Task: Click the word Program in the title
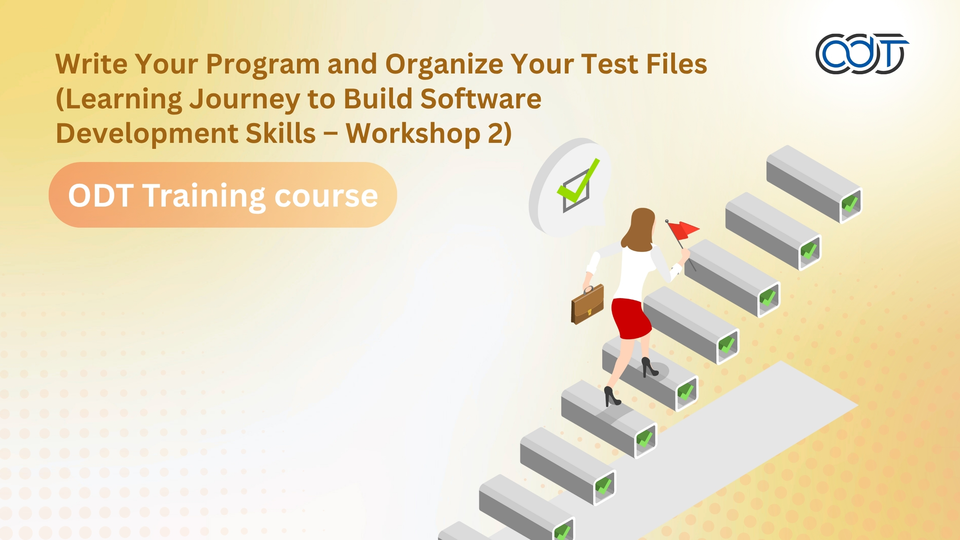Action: (262, 64)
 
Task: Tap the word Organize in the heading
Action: (444, 64)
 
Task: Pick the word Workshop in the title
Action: (412, 134)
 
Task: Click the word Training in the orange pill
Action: (204, 196)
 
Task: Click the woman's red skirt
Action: (631, 318)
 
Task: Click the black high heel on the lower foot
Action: (612, 397)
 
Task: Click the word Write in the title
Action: (91, 64)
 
